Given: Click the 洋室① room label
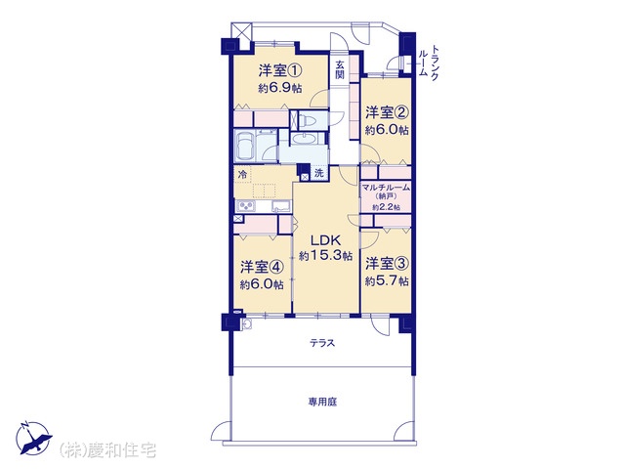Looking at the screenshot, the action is [280, 71].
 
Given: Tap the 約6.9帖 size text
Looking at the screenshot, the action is [280, 88].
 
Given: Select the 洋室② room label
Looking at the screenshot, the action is [387, 113].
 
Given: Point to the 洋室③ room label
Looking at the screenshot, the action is [387, 264].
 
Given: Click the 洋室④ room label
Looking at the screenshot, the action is [262, 267].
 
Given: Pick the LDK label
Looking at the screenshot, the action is [325, 240].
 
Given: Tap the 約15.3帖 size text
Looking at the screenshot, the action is [325, 255].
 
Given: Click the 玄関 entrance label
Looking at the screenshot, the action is [340, 69].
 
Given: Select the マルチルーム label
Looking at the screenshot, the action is [386, 187].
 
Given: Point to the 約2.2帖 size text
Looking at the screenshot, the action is [386, 207].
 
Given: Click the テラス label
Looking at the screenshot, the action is [322, 343].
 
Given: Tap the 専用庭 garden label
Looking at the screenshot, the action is [322, 402].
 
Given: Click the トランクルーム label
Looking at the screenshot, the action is [430, 63].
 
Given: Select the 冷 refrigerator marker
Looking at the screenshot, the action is [242, 174].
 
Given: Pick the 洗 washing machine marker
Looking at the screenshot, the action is [319, 173].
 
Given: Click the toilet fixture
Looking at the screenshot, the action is [309, 119].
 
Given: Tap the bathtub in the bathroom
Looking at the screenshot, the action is [245, 146].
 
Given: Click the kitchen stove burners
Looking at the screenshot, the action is [246, 206].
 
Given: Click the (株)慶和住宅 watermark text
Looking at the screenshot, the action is [107, 450].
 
